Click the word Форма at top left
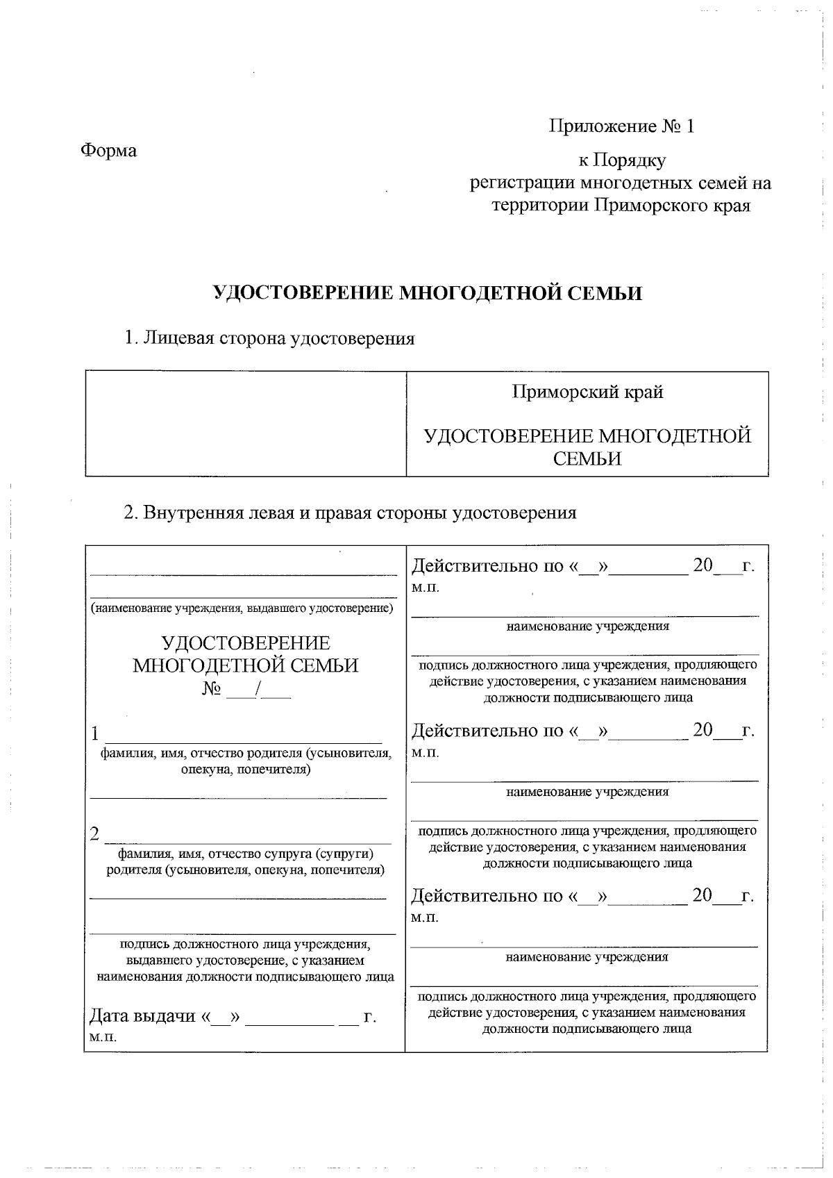pyautogui.click(x=109, y=150)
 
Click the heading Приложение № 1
pyautogui.click(x=621, y=126)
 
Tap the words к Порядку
pyautogui.click(x=622, y=160)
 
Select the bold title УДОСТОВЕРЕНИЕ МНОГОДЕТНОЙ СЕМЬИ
pyautogui.click(x=427, y=293)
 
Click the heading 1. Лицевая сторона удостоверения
pyautogui.click(x=269, y=338)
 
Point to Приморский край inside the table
pyautogui.click(x=587, y=392)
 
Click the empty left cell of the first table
pyautogui.click(x=245, y=424)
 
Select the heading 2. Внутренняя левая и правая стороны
pyautogui.click(x=350, y=513)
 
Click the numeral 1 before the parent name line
pyautogui.click(x=95, y=734)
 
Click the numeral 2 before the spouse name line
pyautogui.click(x=95, y=834)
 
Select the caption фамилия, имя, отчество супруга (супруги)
pyautogui.click(x=246, y=854)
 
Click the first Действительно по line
pyautogui.click(x=582, y=565)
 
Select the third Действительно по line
pyautogui.click(x=582, y=896)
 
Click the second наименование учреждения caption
pyautogui.click(x=587, y=791)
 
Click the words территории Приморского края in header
pyautogui.click(x=621, y=206)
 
